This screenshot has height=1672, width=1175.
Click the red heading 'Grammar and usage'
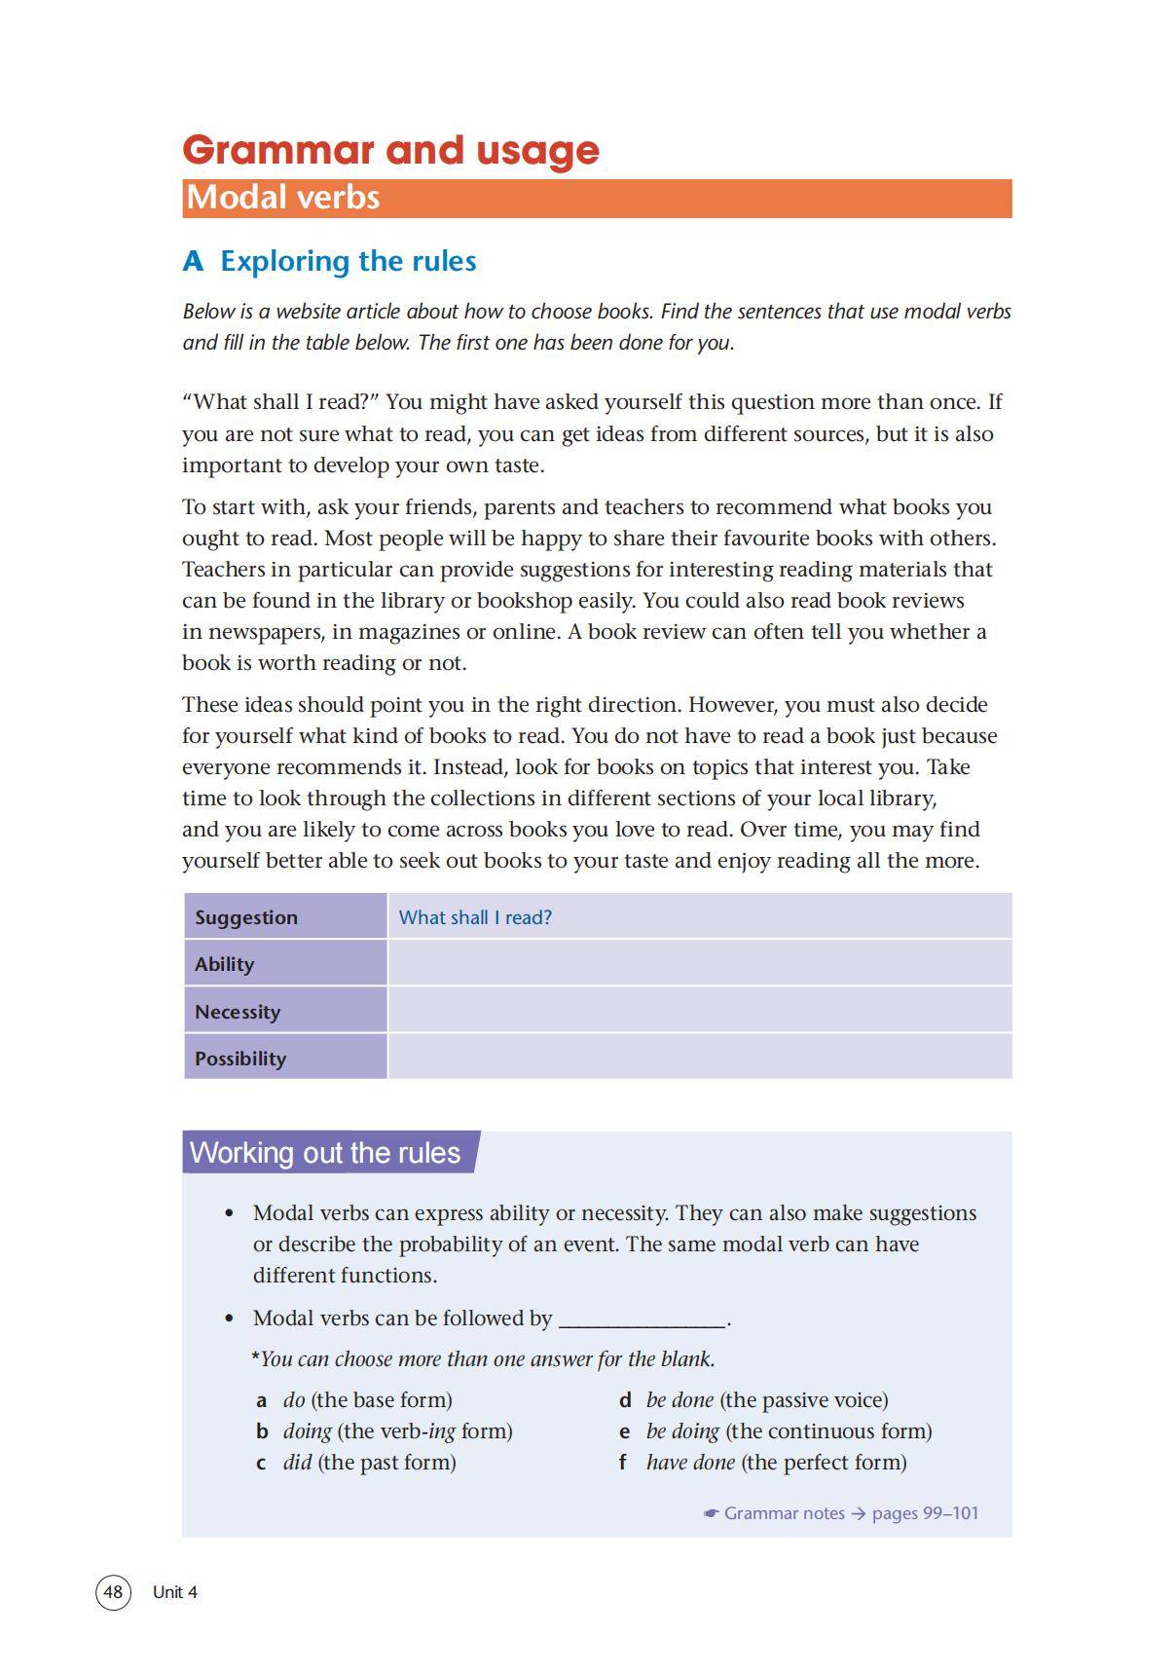click(390, 150)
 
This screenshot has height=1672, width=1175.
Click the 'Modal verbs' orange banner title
click(283, 198)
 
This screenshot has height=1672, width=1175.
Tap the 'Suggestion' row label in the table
click(246, 917)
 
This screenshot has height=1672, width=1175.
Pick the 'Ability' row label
click(224, 964)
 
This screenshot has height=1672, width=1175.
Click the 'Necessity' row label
click(238, 1012)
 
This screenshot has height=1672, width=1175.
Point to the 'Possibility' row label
click(240, 1059)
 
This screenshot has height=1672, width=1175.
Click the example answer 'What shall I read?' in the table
click(475, 917)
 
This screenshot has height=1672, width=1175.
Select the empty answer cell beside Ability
click(699, 964)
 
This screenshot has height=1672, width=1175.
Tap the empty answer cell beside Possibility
click(699, 1058)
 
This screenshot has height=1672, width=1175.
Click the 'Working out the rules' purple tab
click(325, 1153)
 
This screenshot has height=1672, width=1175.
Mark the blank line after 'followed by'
click(642, 1320)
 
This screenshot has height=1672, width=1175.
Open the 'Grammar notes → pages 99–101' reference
click(841, 1513)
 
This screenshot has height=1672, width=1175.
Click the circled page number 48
click(113, 1592)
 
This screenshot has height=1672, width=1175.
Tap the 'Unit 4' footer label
click(175, 1592)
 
